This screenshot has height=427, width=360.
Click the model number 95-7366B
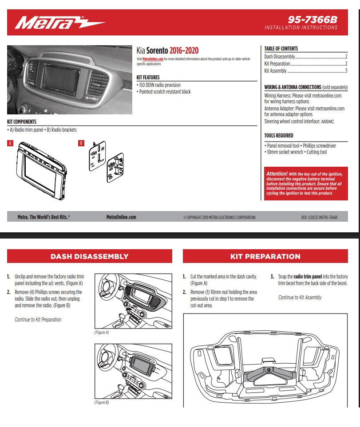pos(313,20)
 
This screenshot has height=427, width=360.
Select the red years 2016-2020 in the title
pos(184,51)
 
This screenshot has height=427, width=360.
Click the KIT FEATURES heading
pos(148,78)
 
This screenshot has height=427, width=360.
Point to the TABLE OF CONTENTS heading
pos(281,49)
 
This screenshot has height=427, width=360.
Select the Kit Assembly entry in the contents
pos(276,71)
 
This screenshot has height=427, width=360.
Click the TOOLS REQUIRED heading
pos(278,136)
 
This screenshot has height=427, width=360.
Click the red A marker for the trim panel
pos(10,143)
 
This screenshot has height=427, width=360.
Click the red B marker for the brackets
pos(81,143)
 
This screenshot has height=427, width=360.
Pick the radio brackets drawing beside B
pos(106,162)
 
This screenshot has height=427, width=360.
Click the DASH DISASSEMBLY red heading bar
pos(89,256)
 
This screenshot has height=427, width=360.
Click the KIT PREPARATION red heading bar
pos(265,256)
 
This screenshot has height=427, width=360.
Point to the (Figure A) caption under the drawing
pos(102,332)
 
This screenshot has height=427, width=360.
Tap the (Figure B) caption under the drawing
pos(102,402)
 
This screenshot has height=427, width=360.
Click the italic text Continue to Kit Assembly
pos(300,298)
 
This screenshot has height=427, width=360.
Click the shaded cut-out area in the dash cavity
pos(269,375)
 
